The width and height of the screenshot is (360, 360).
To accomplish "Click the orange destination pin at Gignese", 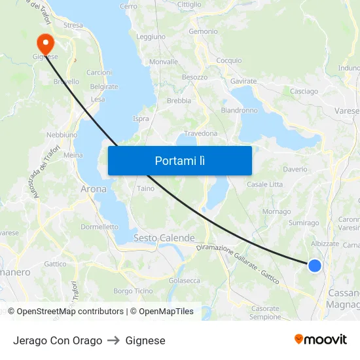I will point(46,43).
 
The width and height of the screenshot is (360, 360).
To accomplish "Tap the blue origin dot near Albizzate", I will point(315,265).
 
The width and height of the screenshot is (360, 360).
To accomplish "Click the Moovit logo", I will point(320,340).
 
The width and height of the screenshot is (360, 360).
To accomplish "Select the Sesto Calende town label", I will point(164,238).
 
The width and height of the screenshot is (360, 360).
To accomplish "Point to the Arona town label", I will point(93,189).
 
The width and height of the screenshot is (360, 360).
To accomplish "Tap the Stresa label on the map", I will point(73,26).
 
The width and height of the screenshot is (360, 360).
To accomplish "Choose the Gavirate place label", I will point(243,81).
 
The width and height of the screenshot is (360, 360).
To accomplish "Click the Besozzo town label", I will point(194,77).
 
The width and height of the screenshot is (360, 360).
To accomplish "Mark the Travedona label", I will point(200,134).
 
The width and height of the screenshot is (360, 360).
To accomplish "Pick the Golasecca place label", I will point(185,280).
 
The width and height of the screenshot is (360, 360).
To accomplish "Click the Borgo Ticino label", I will point(133,291).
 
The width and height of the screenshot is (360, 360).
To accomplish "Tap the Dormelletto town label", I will point(99,226).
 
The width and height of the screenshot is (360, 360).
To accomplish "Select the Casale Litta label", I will point(264,185).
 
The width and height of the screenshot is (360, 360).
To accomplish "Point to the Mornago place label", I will point(276,211).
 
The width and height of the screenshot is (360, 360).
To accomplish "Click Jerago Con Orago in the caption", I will point(58,340).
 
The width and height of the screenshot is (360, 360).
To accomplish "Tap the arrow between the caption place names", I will point(114,340).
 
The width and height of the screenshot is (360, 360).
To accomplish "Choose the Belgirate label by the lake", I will point(104,86).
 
